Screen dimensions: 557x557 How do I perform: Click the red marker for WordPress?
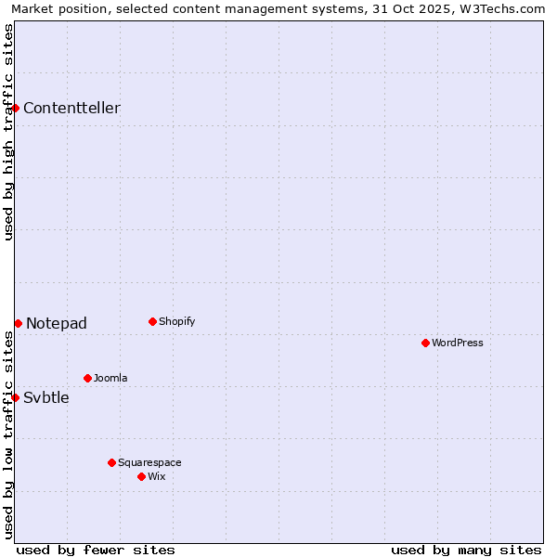click(x=425, y=343)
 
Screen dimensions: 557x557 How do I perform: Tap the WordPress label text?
click(x=458, y=343)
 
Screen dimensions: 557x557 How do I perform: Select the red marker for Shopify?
click(x=152, y=321)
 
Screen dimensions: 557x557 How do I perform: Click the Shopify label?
click(x=177, y=322)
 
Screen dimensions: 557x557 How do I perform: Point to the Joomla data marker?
click(x=87, y=378)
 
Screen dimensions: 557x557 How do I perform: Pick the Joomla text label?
click(x=110, y=379)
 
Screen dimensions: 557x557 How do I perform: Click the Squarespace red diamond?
click(x=111, y=462)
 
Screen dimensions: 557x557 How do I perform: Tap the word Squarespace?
click(x=149, y=463)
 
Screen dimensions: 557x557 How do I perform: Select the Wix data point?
click(x=141, y=476)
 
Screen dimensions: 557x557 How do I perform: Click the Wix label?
click(x=157, y=477)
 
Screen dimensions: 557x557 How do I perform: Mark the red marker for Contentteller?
click(x=16, y=108)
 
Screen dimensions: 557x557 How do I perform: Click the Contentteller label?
click(x=71, y=109)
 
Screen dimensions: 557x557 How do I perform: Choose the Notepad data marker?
click(x=18, y=323)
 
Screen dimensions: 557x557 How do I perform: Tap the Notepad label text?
click(x=57, y=324)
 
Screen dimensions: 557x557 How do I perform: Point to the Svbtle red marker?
click(x=16, y=397)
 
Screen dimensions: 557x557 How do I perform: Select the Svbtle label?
click(x=46, y=398)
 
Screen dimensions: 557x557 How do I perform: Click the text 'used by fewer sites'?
click(x=96, y=550)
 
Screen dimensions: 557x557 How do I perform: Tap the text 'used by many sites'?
click(x=466, y=550)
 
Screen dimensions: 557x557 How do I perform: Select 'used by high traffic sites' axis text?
click(x=8, y=132)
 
